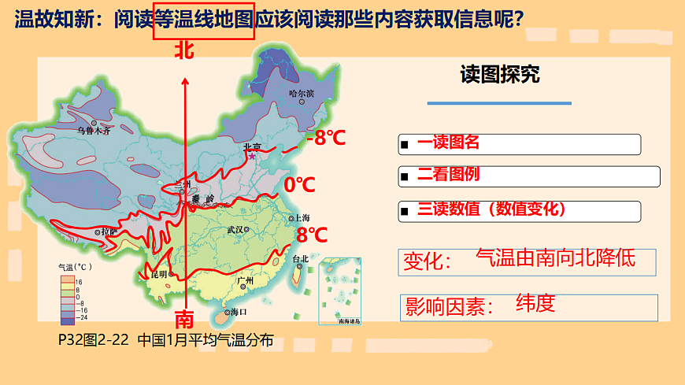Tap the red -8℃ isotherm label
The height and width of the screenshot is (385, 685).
tap(326, 138)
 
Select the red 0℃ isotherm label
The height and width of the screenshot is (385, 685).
tap(299, 185)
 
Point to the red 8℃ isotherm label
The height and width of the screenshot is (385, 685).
tap(312, 235)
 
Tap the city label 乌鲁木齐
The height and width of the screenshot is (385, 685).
tap(94, 131)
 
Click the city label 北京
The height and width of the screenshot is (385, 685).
tap(252, 146)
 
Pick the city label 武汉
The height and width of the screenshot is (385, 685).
tap(235, 230)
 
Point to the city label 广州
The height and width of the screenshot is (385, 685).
tap(245, 280)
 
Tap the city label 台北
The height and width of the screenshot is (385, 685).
tap(300, 259)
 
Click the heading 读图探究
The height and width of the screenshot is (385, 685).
tap(500, 75)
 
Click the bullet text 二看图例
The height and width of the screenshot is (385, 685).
tap(448, 175)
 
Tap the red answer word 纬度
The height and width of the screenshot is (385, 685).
tap(535, 302)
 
